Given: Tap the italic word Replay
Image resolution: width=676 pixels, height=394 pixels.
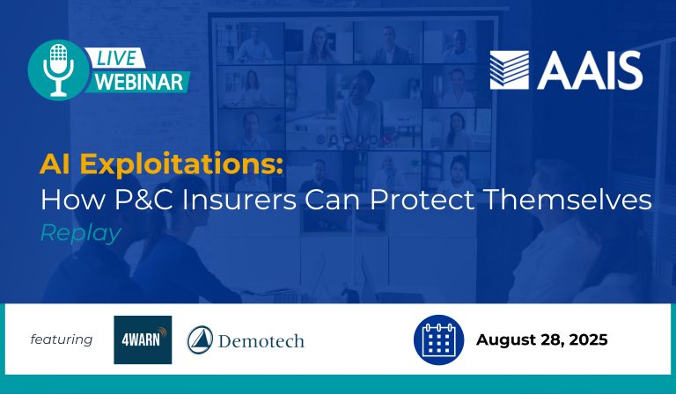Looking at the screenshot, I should pos(80,233).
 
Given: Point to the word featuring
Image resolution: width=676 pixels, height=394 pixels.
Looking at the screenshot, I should pos(62,339).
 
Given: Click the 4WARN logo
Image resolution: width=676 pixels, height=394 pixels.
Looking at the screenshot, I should pos(143,339).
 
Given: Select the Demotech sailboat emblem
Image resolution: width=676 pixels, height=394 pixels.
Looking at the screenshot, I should pos(200,339).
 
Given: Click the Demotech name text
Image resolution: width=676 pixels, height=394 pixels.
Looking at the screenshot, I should pos(261,340).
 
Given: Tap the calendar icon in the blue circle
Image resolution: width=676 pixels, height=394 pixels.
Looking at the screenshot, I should pos(438,339).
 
